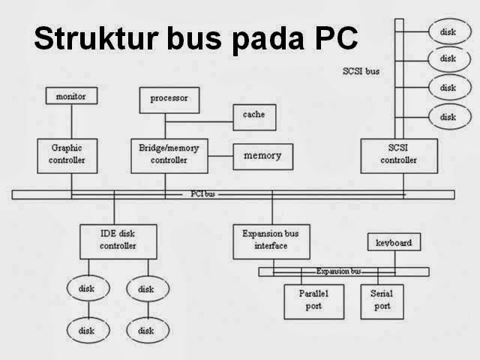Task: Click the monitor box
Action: pos(71,96)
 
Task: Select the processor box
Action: pos(169,98)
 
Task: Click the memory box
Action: pos(262,155)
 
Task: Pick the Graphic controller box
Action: pos(72,154)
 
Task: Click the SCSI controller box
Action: pos(398,154)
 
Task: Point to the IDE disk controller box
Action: pos(118,240)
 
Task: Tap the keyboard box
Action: pos(393,243)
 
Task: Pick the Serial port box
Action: pos(380,301)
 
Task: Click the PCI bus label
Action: pos(202,194)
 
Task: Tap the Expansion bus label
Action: pos(339,271)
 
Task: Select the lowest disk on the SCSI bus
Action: pos(448,116)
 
